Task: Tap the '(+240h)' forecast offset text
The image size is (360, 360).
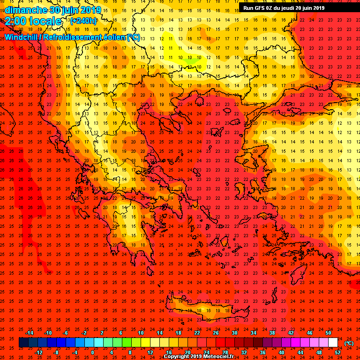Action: click(83, 21)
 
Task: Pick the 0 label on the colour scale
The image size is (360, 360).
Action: click(92, 352)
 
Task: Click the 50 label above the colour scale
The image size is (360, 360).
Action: click(328, 333)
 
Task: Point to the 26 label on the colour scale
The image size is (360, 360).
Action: click(216, 333)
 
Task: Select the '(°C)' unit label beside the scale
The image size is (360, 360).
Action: click(349, 343)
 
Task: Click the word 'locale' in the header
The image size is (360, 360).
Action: click(46, 21)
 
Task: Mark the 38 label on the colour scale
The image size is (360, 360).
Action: click(272, 333)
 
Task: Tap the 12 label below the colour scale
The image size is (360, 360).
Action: click(150, 352)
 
